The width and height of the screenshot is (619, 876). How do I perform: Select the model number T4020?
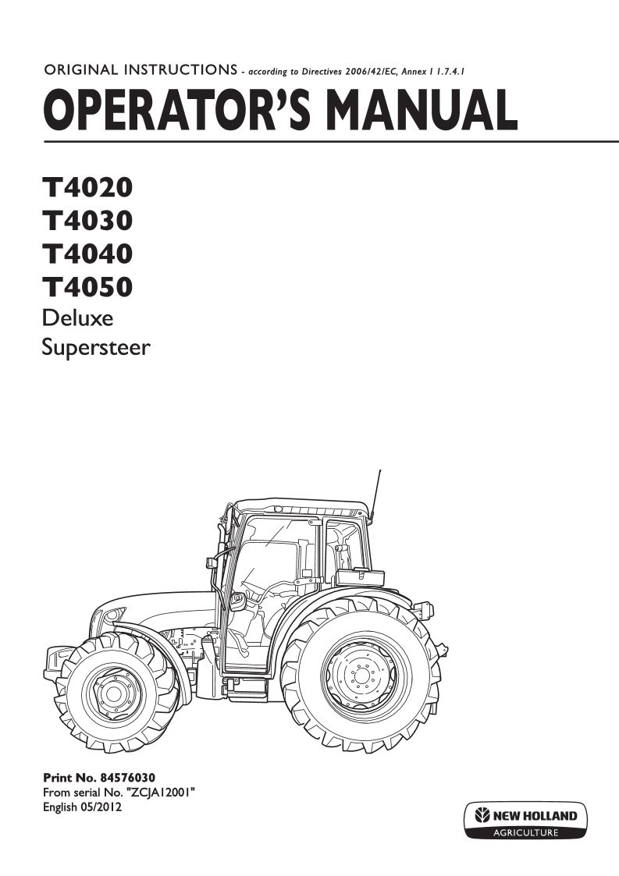[87, 187]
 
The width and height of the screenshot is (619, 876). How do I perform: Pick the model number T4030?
[87, 220]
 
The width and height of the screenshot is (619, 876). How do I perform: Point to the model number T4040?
[87, 254]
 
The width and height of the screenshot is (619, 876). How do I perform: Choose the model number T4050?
[87, 286]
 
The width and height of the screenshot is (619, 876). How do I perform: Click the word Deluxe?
[78, 318]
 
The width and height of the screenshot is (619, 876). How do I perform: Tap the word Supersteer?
[96, 347]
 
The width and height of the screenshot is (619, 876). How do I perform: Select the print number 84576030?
[128, 778]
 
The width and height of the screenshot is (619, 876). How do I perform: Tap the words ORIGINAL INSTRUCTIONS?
[141, 70]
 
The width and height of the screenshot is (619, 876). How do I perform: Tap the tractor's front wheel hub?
[113, 694]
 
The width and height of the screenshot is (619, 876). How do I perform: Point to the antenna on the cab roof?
[375, 496]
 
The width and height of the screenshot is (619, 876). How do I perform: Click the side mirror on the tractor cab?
[237, 601]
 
